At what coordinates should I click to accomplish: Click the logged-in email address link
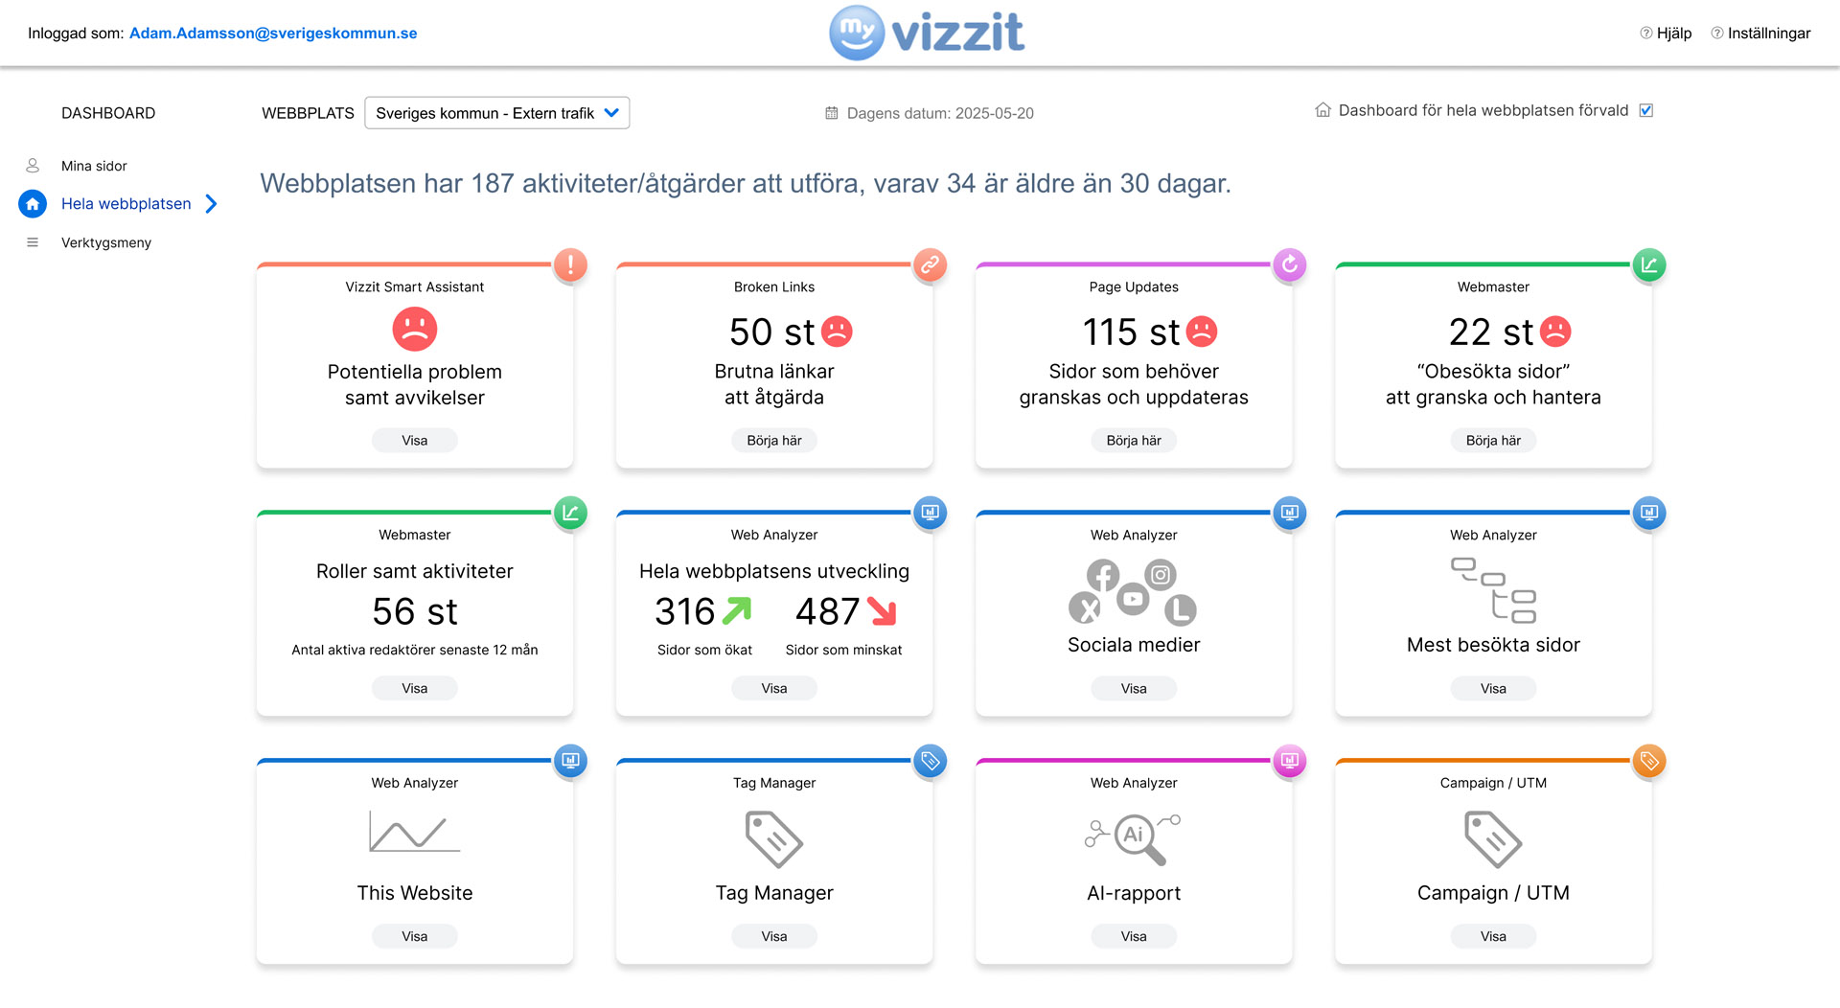click(273, 34)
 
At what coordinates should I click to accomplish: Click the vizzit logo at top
click(927, 33)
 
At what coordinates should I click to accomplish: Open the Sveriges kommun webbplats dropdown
click(496, 113)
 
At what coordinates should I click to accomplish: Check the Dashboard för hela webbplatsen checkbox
click(1646, 110)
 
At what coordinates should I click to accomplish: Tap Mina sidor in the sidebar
click(94, 166)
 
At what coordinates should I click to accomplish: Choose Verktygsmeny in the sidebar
click(106, 242)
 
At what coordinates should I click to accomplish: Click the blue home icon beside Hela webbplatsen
click(33, 203)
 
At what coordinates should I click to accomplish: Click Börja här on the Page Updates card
click(1134, 441)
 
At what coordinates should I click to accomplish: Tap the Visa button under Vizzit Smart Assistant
click(415, 441)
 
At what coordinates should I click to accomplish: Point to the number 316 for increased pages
click(685, 611)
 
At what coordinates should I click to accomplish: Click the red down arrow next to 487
click(882, 611)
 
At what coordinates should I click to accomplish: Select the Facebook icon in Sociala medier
click(1103, 575)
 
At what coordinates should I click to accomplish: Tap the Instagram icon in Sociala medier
click(1161, 574)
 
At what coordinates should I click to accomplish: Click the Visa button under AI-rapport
click(1134, 936)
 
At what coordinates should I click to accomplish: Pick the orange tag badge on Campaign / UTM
click(1649, 761)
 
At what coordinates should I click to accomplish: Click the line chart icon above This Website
click(415, 831)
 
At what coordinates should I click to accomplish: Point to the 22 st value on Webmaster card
click(1491, 332)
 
